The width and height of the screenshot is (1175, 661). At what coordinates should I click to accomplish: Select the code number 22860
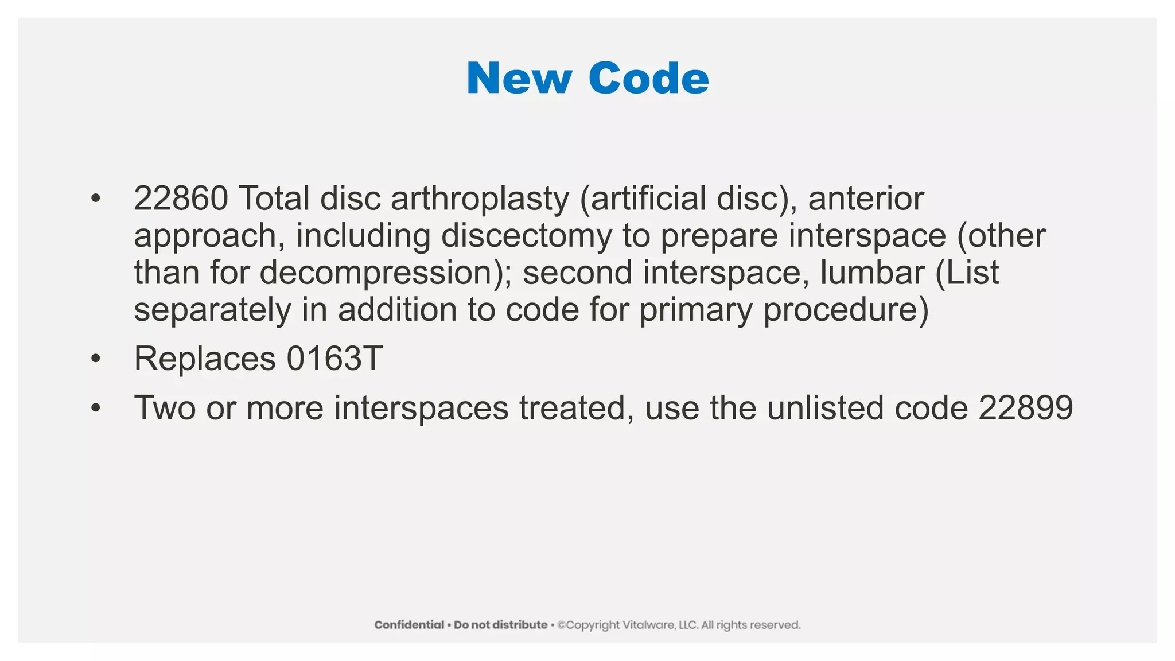[181, 199]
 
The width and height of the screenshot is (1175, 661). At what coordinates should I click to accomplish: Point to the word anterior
[866, 199]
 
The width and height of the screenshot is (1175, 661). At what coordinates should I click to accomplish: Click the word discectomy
[526, 236]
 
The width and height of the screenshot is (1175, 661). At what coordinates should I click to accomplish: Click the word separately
[213, 310]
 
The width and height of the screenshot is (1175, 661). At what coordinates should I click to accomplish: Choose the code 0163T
[334, 359]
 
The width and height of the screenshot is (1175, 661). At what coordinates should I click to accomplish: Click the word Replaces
[205, 359]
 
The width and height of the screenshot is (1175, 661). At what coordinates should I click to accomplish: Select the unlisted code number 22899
[1026, 408]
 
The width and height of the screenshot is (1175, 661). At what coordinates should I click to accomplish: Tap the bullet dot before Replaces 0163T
[95, 359]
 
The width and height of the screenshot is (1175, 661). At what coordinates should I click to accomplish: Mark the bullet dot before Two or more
[95, 408]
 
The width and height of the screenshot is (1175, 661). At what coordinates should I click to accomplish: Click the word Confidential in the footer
[409, 625]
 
